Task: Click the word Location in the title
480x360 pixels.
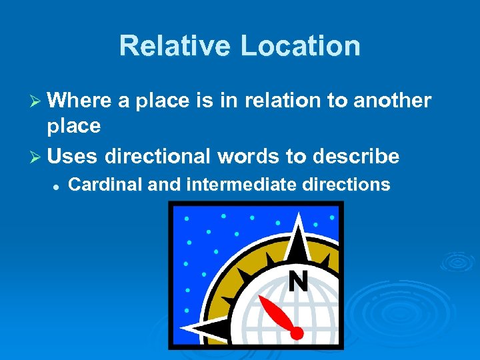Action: pyautogui.click(x=300, y=46)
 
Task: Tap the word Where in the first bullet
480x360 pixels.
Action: pyautogui.click(x=80, y=101)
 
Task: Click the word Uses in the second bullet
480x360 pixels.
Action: pyautogui.click(x=72, y=157)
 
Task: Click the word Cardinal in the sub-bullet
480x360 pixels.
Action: pyautogui.click(x=105, y=185)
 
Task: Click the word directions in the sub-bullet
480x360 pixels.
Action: pyautogui.click(x=346, y=185)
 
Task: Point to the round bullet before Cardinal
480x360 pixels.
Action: pyautogui.click(x=57, y=186)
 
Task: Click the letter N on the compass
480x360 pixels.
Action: pyautogui.click(x=298, y=283)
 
